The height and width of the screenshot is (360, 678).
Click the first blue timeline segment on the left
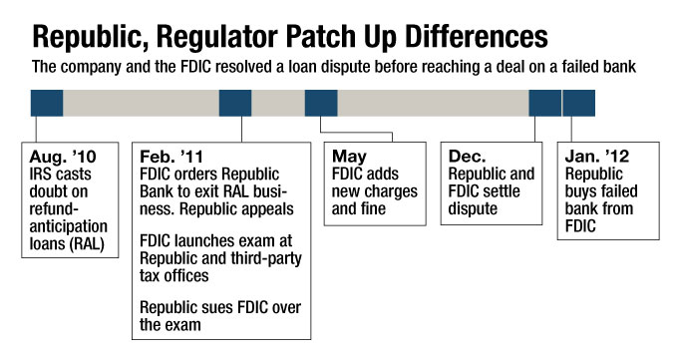point(46,103)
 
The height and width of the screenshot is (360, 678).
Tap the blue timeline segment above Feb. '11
point(234,103)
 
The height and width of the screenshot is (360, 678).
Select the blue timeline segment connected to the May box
point(320,103)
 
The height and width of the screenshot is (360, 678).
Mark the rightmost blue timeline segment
point(579,103)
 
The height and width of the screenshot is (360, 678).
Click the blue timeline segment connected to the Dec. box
point(544,103)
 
